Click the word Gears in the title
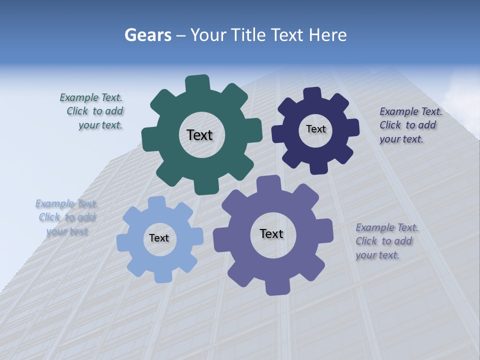point(147,35)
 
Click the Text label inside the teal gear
point(199,135)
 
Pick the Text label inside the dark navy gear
point(315,129)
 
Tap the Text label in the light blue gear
point(159,238)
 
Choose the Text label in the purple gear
point(271,233)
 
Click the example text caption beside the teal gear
point(94,111)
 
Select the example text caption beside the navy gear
point(410,125)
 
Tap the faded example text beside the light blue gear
point(66,217)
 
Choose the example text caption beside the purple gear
point(386,241)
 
